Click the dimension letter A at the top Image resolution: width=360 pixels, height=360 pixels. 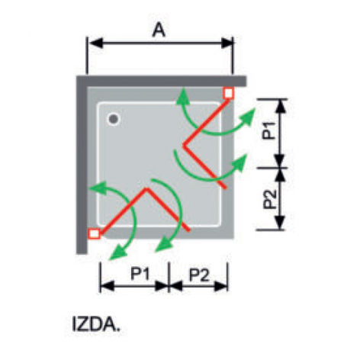(159, 30)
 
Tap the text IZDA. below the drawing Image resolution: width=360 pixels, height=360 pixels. (96, 325)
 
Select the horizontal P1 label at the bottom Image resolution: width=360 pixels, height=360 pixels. (140, 274)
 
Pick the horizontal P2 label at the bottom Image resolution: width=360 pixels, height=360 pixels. (200, 275)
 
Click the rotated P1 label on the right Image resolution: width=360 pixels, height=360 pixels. (269, 130)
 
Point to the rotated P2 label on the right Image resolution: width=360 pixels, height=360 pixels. (269, 199)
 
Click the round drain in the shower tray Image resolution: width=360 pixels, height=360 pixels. (114, 119)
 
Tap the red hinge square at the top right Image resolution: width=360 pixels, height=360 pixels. (228, 93)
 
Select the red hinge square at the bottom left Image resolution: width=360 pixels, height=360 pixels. (94, 233)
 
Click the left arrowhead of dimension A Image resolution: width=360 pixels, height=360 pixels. (95, 43)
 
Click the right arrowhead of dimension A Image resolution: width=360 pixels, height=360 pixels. (226, 43)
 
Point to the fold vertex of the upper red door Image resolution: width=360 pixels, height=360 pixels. (184, 145)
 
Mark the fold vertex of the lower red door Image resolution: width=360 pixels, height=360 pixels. (146, 188)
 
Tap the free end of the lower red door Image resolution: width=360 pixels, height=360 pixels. (188, 230)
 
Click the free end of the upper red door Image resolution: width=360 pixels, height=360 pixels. (225, 188)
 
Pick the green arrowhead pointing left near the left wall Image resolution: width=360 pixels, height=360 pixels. (97, 188)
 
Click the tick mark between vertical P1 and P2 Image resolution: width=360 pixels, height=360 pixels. (272, 168)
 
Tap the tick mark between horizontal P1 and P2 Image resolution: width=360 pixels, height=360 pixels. (169, 277)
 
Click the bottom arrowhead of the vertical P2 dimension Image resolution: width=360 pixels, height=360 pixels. (280, 222)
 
